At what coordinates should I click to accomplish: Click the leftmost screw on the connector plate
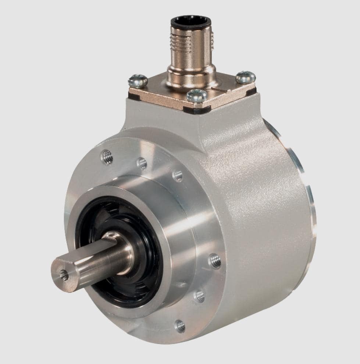point(138,81)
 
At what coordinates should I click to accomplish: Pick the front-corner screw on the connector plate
point(197,96)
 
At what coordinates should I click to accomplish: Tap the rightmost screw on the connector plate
point(245,77)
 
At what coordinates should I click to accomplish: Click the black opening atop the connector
point(191,22)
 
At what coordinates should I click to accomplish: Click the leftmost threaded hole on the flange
point(107,157)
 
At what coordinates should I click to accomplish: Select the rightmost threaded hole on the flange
point(215,261)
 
